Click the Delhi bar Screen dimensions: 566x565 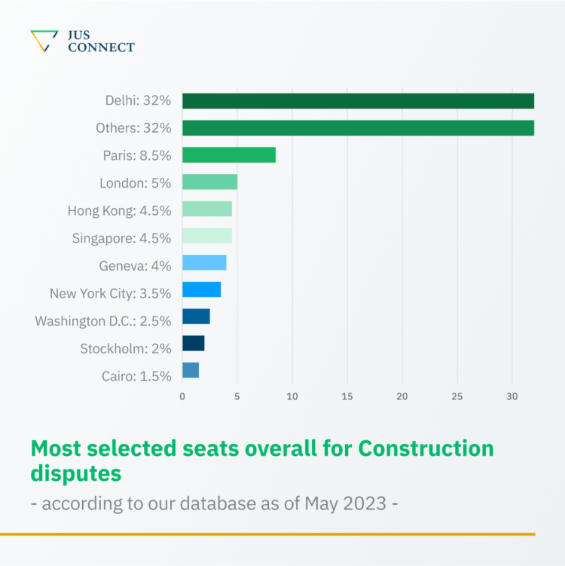click(x=358, y=101)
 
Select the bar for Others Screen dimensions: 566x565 click(x=358, y=128)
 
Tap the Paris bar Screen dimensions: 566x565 click(x=229, y=155)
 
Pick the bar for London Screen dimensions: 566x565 click(x=209, y=182)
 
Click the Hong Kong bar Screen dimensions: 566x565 click(x=207, y=210)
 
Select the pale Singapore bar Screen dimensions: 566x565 click(x=207, y=237)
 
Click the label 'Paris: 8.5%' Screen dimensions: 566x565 click(x=137, y=156)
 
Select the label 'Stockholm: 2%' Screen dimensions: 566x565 click(x=126, y=348)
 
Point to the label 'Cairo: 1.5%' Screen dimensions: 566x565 click(x=136, y=375)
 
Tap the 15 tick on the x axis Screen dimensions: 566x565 click(x=347, y=396)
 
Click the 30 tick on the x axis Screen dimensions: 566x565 click(x=512, y=396)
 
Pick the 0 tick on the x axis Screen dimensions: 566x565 click(x=182, y=396)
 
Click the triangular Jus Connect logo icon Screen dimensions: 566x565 click(x=44, y=41)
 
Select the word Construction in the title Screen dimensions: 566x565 click(x=426, y=448)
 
